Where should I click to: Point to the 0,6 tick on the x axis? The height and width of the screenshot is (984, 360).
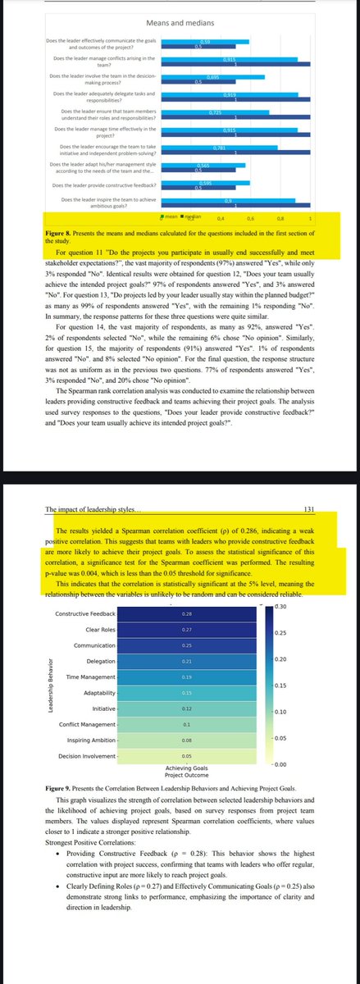point(250,219)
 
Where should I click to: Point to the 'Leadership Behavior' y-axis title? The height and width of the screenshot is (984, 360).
point(50,685)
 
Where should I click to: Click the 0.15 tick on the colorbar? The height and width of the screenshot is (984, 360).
point(280,685)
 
